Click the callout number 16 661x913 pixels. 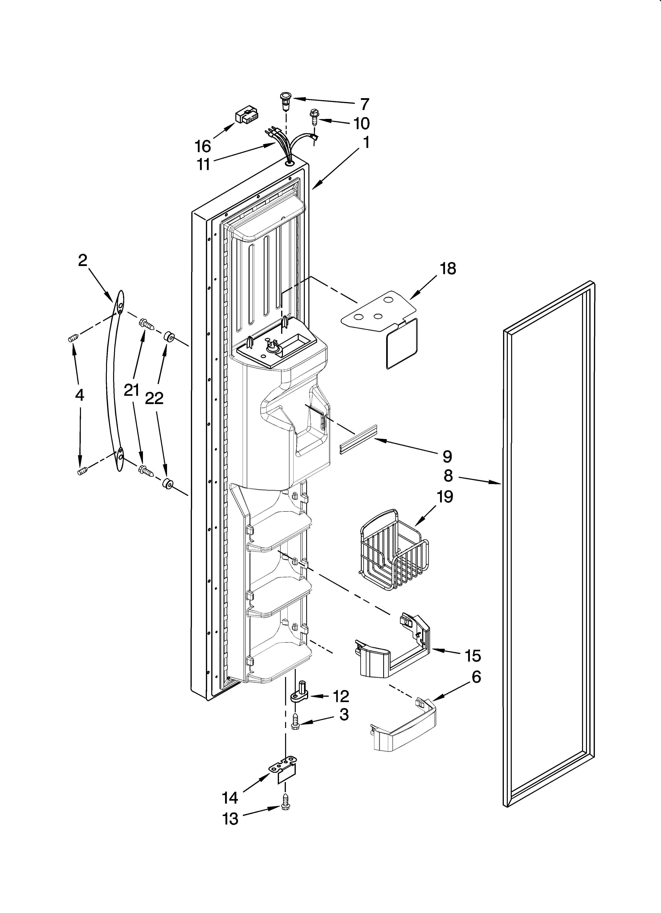[x=203, y=146]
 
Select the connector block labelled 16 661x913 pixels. [x=246, y=117]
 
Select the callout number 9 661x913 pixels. [x=447, y=456]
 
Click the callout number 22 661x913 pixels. [x=154, y=398]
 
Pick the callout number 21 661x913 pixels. [x=131, y=390]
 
